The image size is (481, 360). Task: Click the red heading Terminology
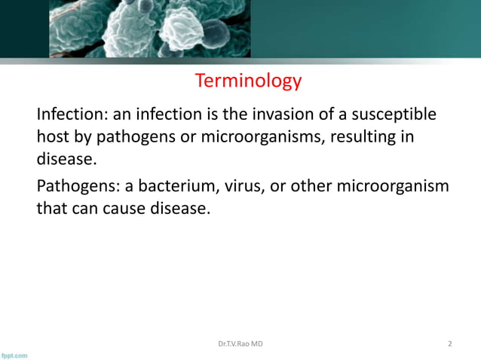click(248, 81)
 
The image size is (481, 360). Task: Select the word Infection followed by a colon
click(72, 114)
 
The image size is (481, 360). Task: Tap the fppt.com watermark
click(14, 354)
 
